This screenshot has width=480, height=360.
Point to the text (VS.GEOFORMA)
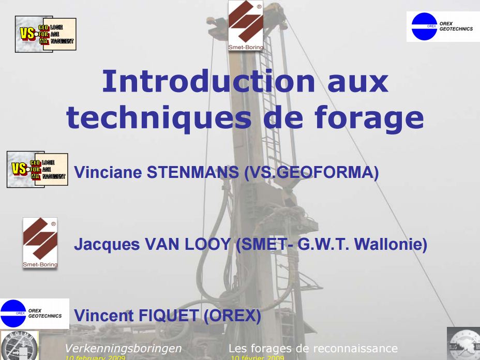click(x=311, y=173)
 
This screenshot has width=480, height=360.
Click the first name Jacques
click(x=101, y=244)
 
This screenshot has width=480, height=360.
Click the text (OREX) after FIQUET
click(x=233, y=316)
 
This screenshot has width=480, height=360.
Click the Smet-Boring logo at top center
click(x=246, y=26)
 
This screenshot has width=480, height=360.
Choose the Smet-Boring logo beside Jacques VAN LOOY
click(x=40, y=243)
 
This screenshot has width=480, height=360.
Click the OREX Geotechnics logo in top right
click(x=442, y=26)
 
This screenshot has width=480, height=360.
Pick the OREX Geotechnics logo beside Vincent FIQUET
click(x=34, y=313)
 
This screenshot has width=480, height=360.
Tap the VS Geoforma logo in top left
click(x=46, y=34)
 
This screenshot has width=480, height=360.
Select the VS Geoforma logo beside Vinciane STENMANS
click(x=37, y=170)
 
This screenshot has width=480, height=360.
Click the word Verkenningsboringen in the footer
click(x=123, y=348)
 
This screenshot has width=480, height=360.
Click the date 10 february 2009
click(x=95, y=357)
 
